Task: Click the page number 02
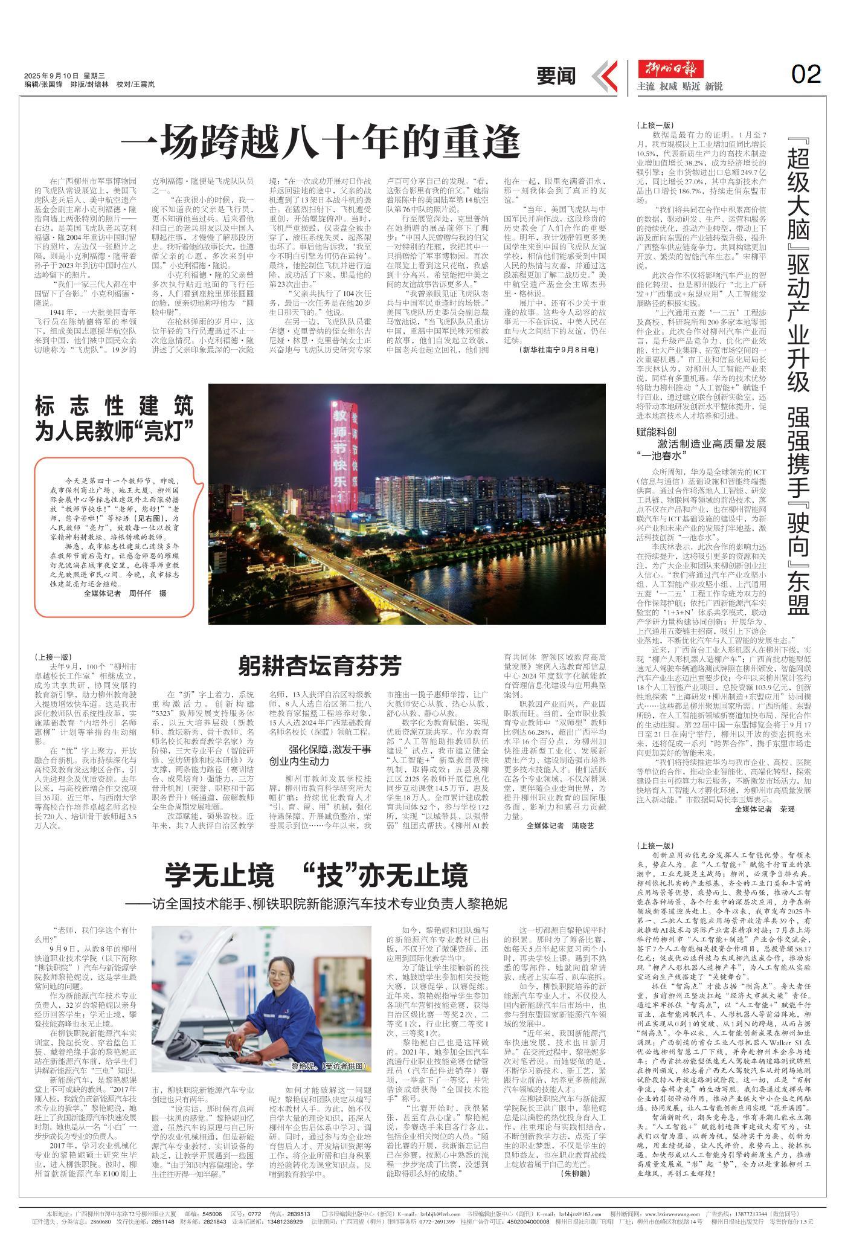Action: coord(806,74)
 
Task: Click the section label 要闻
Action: coord(556,77)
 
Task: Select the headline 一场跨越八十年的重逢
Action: coord(320,141)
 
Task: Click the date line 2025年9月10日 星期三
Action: coord(65,76)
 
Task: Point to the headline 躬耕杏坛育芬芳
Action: coord(320,666)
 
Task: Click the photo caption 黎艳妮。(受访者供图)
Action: coord(326,1066)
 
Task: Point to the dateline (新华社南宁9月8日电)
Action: coord(557,350)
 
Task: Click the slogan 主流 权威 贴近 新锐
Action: coord(680,86)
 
